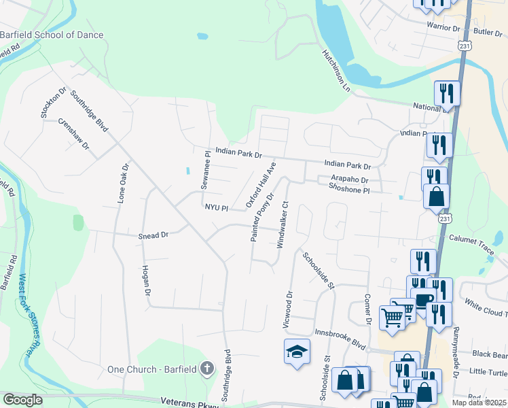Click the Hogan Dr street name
(x=145, y=280)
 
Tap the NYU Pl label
(x=215, y=207)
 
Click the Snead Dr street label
(x=154, y=235)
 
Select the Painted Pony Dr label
(x=261, y=218)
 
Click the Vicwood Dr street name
(x=288, y=310)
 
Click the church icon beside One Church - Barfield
(x=207, y=369)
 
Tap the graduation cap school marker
(x=297, y=352)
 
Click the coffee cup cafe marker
(x=424, y=300)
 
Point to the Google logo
(x=22, y=400)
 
